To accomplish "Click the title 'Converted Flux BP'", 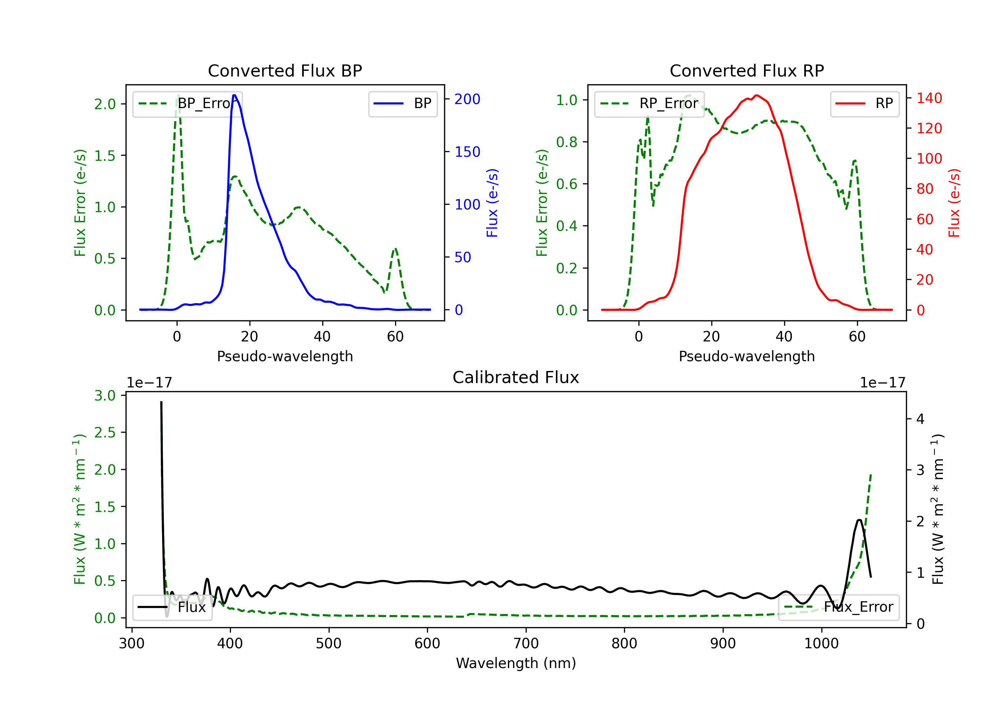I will point(285,70).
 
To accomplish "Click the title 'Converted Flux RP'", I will point(747,70).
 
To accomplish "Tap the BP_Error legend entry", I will point(188,103).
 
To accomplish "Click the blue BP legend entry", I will point(402,103).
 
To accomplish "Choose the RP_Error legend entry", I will point(649,103).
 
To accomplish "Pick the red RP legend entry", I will point(864,103).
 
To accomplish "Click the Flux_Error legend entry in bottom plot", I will point(838,607).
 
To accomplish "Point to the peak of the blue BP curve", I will point(234,95).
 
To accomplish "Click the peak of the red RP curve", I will point(756,95).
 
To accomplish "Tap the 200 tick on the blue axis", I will point(467,99).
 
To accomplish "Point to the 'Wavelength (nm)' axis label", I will point(516,663).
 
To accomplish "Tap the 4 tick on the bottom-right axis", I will point(920,419).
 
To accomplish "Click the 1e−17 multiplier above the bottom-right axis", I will point(882,383).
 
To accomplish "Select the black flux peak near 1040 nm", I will point(859,520).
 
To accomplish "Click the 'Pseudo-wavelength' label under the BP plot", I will point(285,356).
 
